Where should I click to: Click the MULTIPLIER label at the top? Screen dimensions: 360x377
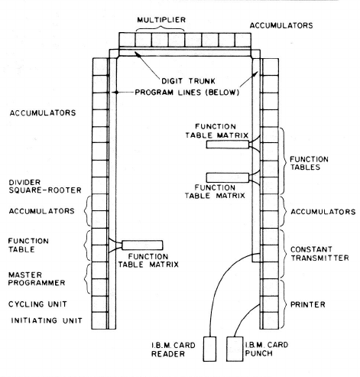pos(161,20)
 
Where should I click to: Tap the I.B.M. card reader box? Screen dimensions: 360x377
pos(209,349)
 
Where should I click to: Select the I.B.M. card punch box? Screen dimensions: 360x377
pos(235,349)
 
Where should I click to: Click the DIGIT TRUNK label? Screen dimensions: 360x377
pos(188,81)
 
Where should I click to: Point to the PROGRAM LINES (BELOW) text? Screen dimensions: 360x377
pos(187,93)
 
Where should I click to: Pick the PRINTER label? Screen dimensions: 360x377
pos(308,304)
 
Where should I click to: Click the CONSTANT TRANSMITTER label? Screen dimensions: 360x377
pos(319,254)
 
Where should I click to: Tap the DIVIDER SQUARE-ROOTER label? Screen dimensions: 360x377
pos(45,187)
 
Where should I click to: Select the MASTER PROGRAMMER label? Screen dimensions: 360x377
pos(37,279)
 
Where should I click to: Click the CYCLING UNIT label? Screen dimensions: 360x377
pos(37,304)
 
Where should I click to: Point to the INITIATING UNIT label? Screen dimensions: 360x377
pos(47,320)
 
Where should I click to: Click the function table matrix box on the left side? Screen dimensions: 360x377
pos(142,245)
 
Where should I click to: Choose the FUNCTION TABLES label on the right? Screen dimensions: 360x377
pos(309,163)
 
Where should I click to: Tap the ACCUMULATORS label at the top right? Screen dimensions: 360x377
pos(281,25)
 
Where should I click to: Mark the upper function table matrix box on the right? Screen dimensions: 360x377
pos(228,145)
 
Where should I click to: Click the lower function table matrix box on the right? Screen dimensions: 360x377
pos(228,177)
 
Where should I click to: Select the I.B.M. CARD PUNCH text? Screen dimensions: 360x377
pos(267,349)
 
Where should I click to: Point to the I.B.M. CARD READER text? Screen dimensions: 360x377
pos(174,349)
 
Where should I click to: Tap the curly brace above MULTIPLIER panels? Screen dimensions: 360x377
pos(161,29)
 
